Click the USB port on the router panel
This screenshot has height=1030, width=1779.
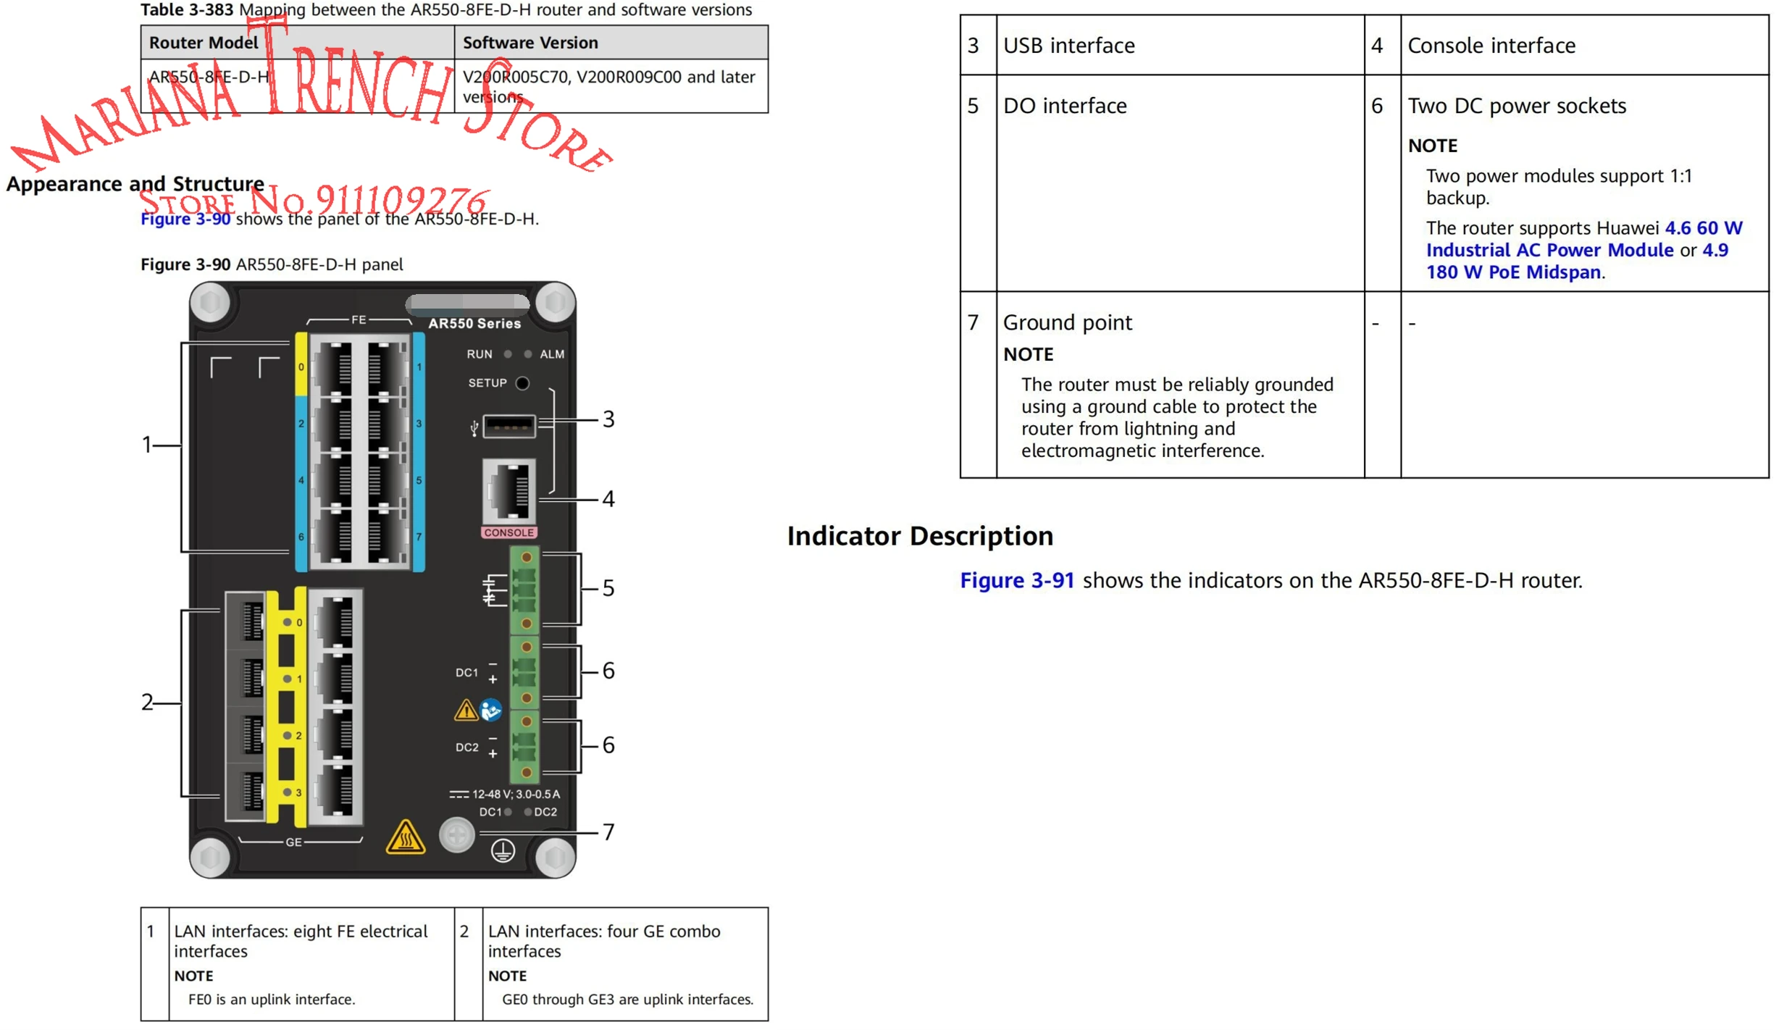(x=509, y=426)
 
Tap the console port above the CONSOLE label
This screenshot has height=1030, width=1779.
(x=509, y=490)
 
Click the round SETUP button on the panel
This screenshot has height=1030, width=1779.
(x=522, y=383)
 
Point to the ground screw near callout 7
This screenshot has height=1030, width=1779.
(x=457, y=836)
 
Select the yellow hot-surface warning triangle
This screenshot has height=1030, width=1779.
(x=406, y=838)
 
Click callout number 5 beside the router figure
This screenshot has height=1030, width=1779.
(x=608, y=588)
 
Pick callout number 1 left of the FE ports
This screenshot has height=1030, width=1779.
(x=147, y=445)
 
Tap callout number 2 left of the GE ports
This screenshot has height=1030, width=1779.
(x=147, y=702)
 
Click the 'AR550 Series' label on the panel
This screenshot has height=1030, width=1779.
(x=474, y=324)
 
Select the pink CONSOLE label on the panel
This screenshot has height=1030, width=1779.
(x=509, y=532)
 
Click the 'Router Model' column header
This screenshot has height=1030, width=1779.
(x=204, y=43)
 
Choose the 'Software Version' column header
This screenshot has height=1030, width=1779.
(x=530, y=43)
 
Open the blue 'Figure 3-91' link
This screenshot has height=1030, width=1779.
(x=1017, y=580)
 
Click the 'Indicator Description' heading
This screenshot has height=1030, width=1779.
(x=920, y=536)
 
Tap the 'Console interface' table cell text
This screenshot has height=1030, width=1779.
(x=1491, y=46)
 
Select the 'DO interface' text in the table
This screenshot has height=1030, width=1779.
(x=1065, y=106)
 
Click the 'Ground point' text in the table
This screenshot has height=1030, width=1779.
(x=1067, y=322)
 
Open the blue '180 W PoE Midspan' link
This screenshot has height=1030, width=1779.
(x=1513, y=272)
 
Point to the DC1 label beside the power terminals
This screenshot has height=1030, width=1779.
(x=466, y=672)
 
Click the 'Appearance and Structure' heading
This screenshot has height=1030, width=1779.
(x=135, y=184)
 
